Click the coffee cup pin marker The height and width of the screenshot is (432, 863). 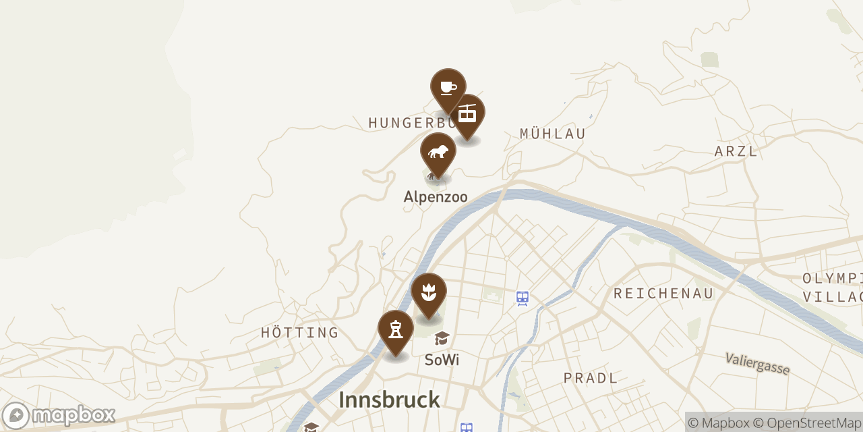[448, 88]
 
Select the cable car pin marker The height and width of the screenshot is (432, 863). [467, 113]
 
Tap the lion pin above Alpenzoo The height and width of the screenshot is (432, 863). [438, 152]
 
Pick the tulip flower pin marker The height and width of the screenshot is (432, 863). [429, 292]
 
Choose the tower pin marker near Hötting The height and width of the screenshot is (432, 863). [396, 329]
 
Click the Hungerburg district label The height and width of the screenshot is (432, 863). [405, 123]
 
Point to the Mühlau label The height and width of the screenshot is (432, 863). [553, 134]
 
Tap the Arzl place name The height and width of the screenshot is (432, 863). [736, 151]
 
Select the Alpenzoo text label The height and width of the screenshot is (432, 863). [436, 197]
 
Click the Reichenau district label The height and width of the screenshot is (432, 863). [663, 293]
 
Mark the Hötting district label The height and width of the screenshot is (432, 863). [300, 333]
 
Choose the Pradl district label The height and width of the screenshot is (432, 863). [591, 378]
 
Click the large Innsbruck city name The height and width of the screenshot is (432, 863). [389, 400]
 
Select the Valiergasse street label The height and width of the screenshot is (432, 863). [757, 363]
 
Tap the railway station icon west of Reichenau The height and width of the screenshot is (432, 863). [522, 297]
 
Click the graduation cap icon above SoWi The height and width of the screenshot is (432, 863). [442, 338]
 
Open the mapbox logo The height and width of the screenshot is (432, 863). [59, 415]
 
